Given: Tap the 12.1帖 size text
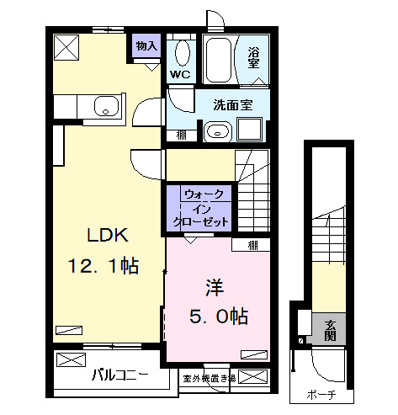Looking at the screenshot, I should [103, 267].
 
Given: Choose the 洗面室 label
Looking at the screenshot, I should [231, 106].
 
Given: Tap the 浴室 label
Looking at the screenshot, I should [253, 56].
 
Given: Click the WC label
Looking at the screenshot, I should [180, 74].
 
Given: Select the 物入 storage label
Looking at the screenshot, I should [146, 45].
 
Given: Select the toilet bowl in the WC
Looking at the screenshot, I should [180, 53].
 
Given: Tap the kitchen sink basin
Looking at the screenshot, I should [106, 106].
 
